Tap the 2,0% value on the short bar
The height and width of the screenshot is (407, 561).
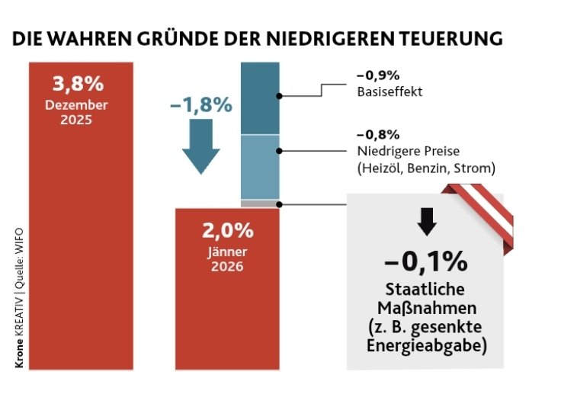tap(228, 230)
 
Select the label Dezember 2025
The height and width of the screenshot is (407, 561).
tap(80, 112)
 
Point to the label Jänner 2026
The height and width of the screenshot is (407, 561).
tap(228, 258)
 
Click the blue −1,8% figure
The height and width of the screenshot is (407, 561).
tap(200, 105)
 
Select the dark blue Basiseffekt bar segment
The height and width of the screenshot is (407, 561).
tap(260, 99)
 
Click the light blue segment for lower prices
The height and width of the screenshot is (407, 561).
tap(260, 167)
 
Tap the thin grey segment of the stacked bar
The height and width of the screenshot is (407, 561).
tap(260, 203)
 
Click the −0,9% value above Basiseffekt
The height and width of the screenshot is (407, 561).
tap(378, 75)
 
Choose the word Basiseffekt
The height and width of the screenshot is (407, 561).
tap(389, 92)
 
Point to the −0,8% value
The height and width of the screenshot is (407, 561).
tap(378, 133)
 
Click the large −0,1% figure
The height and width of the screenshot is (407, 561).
tap(425, 261)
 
